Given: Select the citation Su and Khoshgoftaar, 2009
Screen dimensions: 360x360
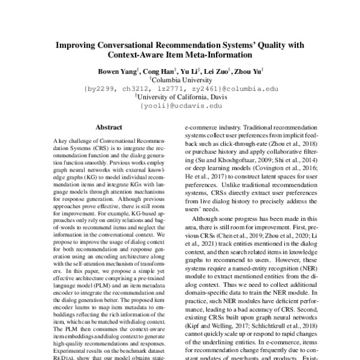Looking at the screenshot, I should [245, 179].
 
